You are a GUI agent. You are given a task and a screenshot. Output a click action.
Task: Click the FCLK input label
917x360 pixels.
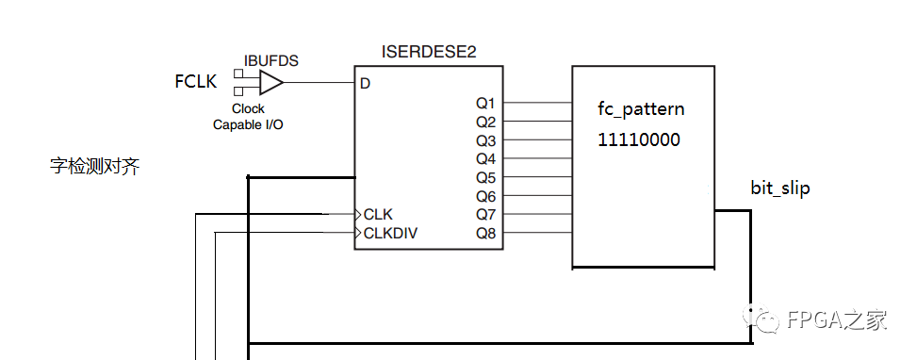(x=196, y=82)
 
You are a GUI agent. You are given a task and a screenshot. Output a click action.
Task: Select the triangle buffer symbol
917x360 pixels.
(x=270, y=84)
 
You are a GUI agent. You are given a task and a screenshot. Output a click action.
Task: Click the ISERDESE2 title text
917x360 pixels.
(x=429, y=52)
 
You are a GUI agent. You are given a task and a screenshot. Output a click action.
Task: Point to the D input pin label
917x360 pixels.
(x=365, y=84)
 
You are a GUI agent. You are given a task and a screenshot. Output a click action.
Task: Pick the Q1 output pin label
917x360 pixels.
(x=485, y=103)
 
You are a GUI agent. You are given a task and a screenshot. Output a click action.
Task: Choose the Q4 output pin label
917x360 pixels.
(x=485, y=158)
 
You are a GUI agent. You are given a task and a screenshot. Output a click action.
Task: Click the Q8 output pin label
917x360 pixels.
(x=485, y=233)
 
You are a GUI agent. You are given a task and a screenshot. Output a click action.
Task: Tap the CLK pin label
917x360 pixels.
(x=378, y=214)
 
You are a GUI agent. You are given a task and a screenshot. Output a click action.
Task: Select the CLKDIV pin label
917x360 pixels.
(x=390, y=233)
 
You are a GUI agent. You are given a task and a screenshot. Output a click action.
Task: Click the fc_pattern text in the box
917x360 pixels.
(x=641, y=109)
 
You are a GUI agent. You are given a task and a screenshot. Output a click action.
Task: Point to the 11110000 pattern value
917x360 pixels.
(x=638, y=139)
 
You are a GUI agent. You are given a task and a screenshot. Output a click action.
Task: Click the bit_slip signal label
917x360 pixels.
(x=779, y=188)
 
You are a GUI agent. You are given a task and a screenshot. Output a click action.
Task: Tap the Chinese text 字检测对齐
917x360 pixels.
(x=94, y=168)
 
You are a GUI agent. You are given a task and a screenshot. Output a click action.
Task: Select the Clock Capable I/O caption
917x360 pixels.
(x=250, y=116)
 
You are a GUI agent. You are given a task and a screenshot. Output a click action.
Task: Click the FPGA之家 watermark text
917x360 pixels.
(x=835, y=320)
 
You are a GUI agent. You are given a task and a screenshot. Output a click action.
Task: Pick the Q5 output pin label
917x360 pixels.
(x=485, y=177)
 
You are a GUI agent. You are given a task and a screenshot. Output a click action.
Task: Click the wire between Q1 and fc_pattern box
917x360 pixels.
(x=537, y=103)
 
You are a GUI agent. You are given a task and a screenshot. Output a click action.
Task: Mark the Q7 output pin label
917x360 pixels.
(x=485, y=214)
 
